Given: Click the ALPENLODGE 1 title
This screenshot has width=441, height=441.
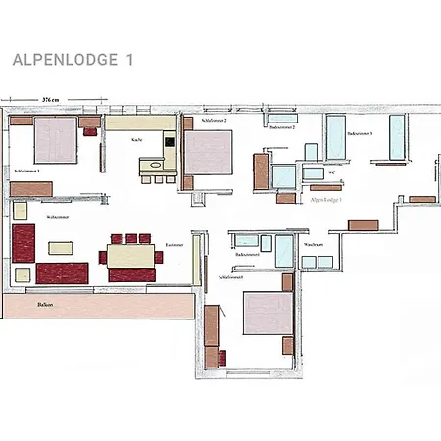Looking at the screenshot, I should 73,59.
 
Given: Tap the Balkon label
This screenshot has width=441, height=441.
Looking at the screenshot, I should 45,305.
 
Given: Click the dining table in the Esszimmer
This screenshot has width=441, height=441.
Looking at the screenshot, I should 131,256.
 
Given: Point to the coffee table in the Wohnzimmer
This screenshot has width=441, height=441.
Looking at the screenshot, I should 61,247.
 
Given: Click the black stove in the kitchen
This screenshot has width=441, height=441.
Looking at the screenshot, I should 171,143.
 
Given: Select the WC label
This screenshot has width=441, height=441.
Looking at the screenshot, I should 332,172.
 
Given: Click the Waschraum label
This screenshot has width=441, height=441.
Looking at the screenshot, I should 314,244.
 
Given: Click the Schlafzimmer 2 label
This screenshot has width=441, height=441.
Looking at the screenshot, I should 215,120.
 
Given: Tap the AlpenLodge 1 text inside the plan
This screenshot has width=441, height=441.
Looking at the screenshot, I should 325,199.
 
